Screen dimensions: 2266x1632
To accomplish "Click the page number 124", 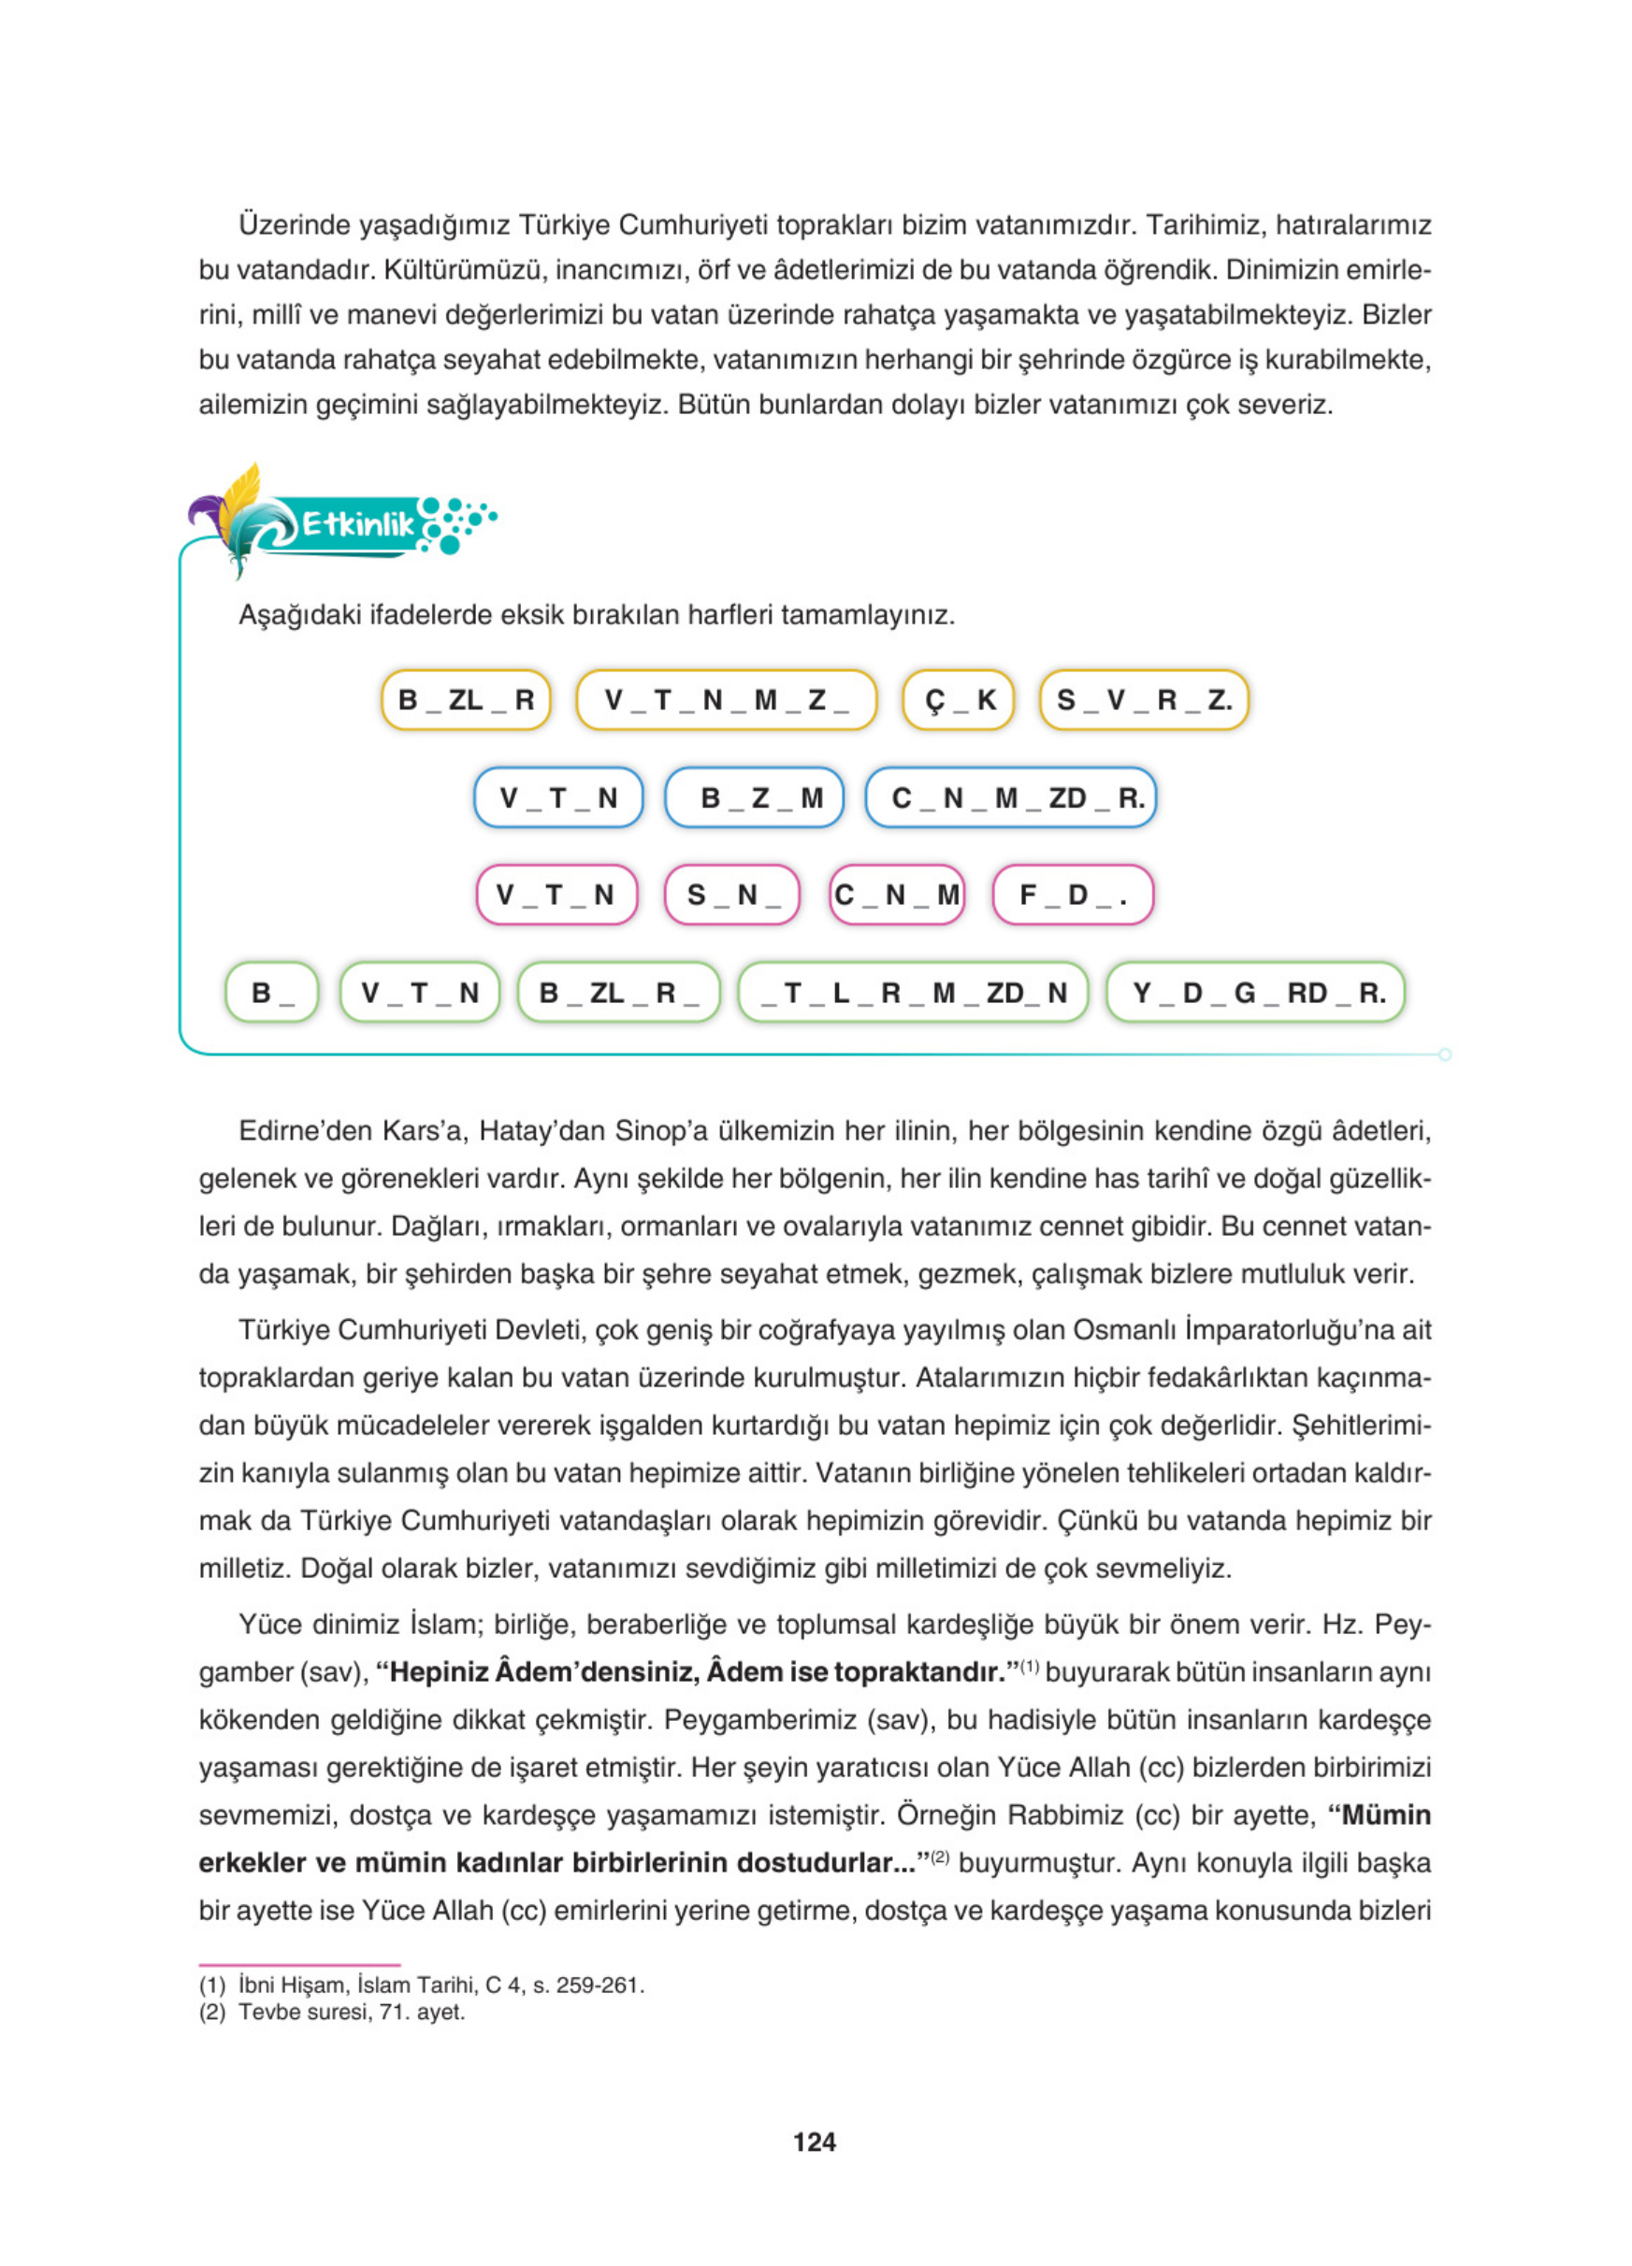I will click(814, 2141).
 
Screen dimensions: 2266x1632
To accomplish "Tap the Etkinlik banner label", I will click(356, 523).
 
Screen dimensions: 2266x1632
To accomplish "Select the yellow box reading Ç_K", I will click(958, 699).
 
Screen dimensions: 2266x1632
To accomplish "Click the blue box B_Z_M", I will click(755, 797).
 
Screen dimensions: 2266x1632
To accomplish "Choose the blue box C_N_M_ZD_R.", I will click(1010, 797).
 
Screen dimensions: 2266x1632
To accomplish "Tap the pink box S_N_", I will click(731, 895).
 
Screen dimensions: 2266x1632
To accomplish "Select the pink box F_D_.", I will click(1072, 895).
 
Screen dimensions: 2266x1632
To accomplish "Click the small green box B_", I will click(272, 992).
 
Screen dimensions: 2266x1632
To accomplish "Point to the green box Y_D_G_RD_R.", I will click(1254, 992).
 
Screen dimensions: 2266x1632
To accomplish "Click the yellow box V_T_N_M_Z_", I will click(726, 699).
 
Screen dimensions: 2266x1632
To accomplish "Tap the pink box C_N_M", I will click(897, 895).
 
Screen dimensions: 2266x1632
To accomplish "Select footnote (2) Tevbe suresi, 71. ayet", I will click(332, 2011).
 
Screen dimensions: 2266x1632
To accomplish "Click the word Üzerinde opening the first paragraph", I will click(294, 224).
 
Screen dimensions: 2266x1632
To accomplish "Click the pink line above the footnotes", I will click(299, 1964).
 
